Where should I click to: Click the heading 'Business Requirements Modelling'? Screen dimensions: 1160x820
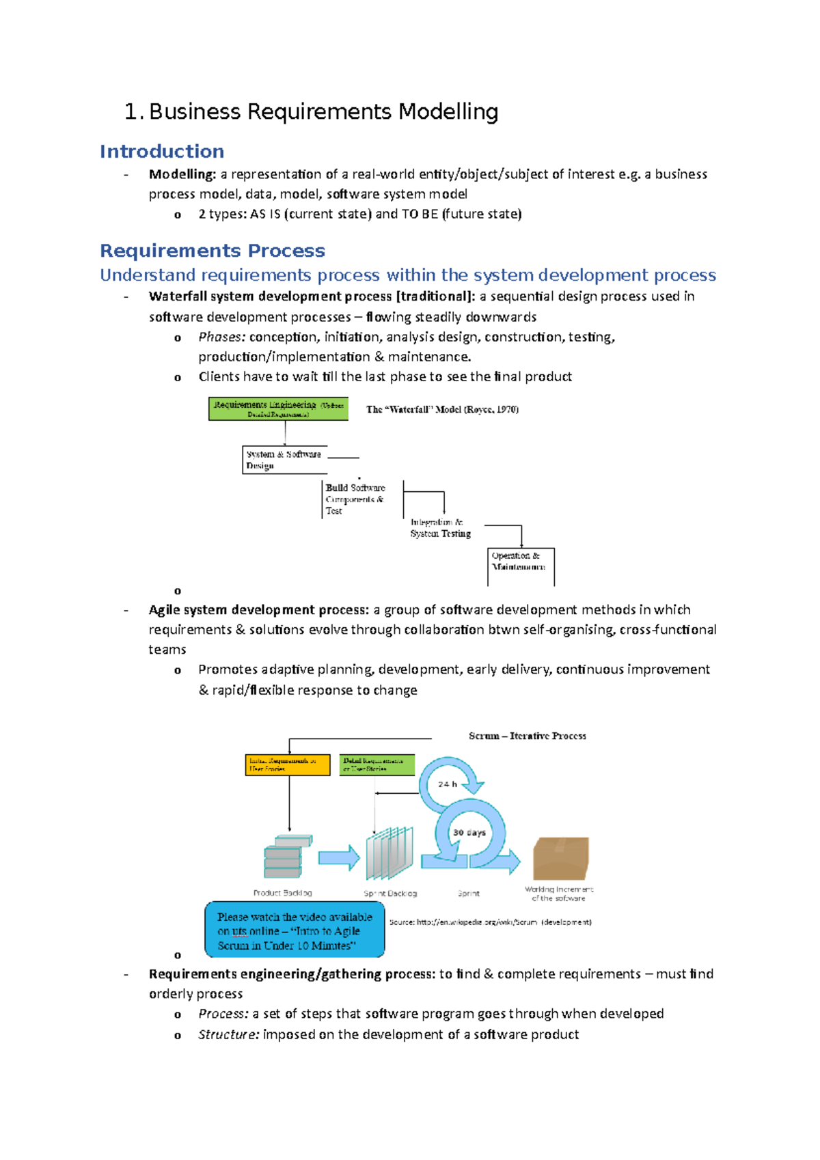coord(323,111)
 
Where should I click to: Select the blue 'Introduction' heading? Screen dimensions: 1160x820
coord(162,151)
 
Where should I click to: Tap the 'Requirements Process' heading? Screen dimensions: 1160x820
coord(213,251)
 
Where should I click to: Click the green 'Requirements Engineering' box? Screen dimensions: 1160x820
coord(278,409)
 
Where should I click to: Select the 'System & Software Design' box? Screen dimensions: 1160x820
coord(284,460)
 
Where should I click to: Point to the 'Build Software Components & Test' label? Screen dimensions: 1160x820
coord(355,499)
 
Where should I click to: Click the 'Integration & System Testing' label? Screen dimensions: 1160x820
coord(440,527)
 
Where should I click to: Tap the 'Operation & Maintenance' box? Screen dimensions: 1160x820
coord(519,562)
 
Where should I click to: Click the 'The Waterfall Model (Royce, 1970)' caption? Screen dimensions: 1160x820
coord(442,409)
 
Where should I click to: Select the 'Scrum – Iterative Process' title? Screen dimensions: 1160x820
coord(527,736)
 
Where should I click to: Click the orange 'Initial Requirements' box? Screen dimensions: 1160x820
coord(287,764)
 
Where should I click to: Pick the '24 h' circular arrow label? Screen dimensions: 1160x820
coord(448,784)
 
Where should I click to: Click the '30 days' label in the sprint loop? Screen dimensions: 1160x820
coord(469,832)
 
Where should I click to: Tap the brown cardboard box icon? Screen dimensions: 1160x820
coord(560,858)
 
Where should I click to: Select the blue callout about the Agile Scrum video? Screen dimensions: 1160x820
coord(295,930)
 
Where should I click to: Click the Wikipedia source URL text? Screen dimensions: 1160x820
coord(490,922)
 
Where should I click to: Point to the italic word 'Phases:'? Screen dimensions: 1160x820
coord(221,337)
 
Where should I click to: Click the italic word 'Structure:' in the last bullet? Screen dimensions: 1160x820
coord(228,1034)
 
